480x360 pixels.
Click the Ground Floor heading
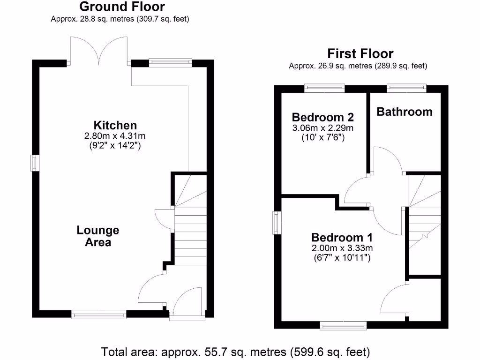(122, 7)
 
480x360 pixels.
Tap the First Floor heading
(360, 53)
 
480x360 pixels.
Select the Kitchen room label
(115, 125)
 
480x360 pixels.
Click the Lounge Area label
(98, 236)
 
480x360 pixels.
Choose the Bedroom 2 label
(322, 117)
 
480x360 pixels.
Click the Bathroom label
(405, 112)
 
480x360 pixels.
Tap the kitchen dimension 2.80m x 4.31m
(115, 136)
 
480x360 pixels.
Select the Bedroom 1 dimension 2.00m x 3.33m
(342, 248)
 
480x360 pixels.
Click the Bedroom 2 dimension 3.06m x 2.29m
(322, 128)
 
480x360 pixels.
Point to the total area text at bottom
(236, 351)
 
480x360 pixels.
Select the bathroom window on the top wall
(406, 88)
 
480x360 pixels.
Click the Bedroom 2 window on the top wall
(324, 88)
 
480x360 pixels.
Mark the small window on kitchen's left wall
(35, 163)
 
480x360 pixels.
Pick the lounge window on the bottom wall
(99, 315)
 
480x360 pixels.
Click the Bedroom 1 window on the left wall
(277, 222)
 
